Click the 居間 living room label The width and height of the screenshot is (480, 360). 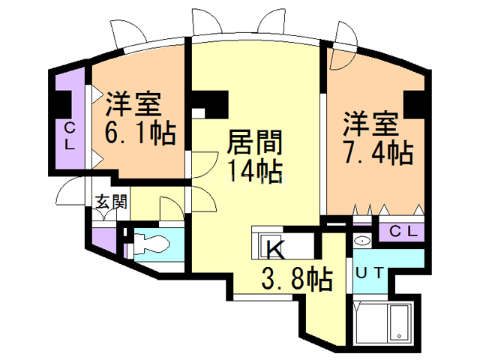244,142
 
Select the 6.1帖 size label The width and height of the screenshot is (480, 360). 140,133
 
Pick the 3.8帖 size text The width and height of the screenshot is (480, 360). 297,280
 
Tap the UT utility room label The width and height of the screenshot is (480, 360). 370,273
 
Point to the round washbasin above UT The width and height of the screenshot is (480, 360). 362,241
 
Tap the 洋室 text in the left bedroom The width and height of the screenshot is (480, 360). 135,103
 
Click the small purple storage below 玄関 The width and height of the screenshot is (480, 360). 106,240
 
